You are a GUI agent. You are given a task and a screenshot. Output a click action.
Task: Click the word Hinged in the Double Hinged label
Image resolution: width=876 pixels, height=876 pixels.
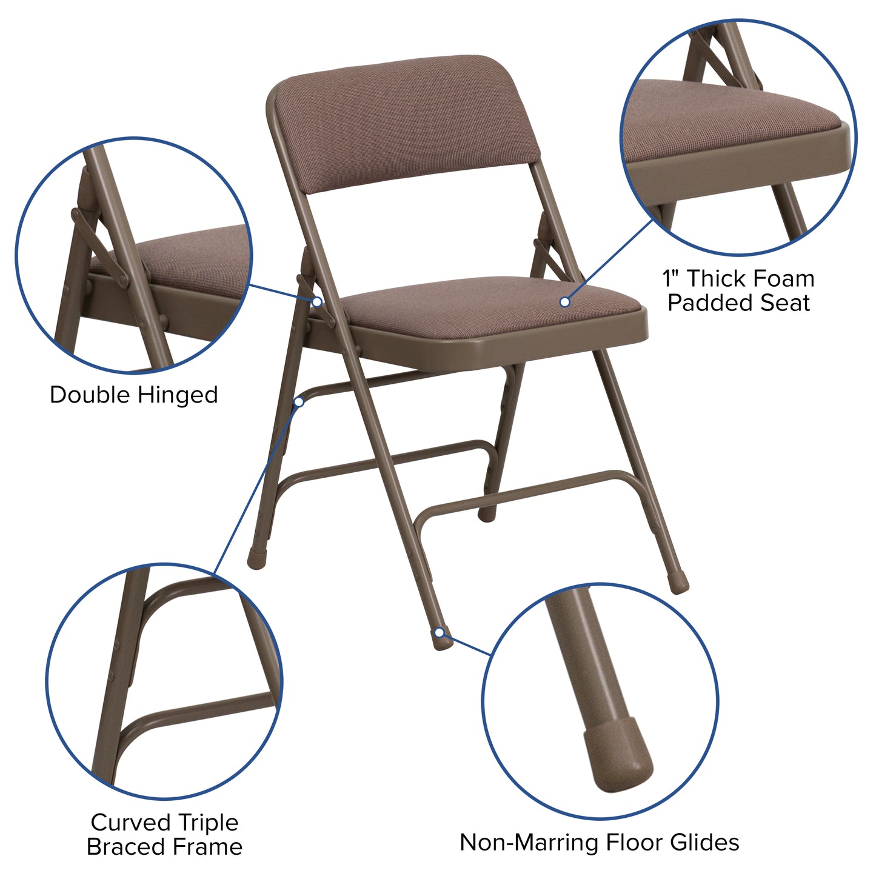point(178,395)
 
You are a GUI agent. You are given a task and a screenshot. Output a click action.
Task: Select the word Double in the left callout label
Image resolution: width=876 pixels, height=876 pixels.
point(90,395)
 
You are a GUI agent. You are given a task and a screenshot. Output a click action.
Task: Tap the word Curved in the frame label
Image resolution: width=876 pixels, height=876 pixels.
point(129,823)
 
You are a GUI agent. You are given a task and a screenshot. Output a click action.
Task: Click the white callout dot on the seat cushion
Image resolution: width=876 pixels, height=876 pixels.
point(564,301)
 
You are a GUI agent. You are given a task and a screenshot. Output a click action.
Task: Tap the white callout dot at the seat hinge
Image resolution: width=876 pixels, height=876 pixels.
point(316,301)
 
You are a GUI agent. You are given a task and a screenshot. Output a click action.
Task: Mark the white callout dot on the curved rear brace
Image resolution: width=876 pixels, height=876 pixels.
point(299,401)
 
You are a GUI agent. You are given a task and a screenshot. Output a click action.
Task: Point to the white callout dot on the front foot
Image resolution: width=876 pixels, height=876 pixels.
point(440,633)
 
